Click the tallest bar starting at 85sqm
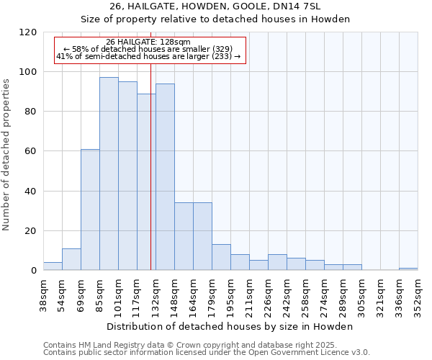point(109,174)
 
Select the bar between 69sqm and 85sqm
point(90,210)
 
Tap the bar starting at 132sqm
point(165,176)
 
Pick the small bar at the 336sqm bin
point(408,269)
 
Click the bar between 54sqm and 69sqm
point(71,259)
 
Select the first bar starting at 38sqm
point(53,266)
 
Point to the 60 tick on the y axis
point(32,151)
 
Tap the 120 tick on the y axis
point(30,32)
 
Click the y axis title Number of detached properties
point(7,155)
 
